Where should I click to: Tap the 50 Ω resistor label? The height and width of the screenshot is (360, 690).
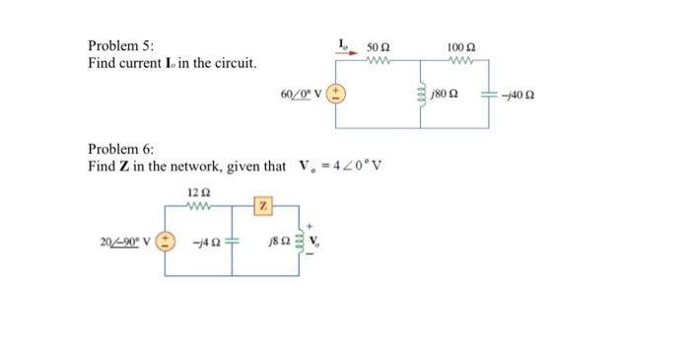tap(379, 47)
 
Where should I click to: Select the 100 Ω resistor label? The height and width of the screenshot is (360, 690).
tap(460, 47)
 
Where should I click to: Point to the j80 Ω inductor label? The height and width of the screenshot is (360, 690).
tap(445, 96)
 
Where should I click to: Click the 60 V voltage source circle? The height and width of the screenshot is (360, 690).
tap(336, 96)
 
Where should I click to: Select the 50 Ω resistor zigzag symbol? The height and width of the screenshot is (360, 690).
tap(378, 61)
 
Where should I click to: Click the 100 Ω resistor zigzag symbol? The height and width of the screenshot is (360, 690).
tap(460, 61)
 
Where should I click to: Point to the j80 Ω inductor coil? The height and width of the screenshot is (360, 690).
tap(419, 96)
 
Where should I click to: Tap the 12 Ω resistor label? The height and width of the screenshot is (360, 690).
tap(195, 191)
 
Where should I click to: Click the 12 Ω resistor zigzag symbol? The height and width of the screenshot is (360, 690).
tap(195, 206)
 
